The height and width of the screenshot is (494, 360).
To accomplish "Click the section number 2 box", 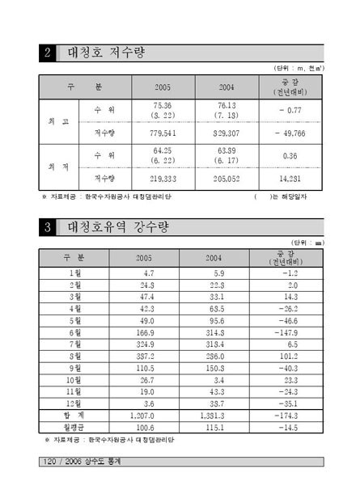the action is pos(48,54).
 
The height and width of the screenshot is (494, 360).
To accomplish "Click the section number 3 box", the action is pos(48,226).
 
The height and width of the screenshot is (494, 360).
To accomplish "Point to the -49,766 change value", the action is pos(289,133).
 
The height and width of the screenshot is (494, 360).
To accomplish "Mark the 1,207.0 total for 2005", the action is pos(138,414).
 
